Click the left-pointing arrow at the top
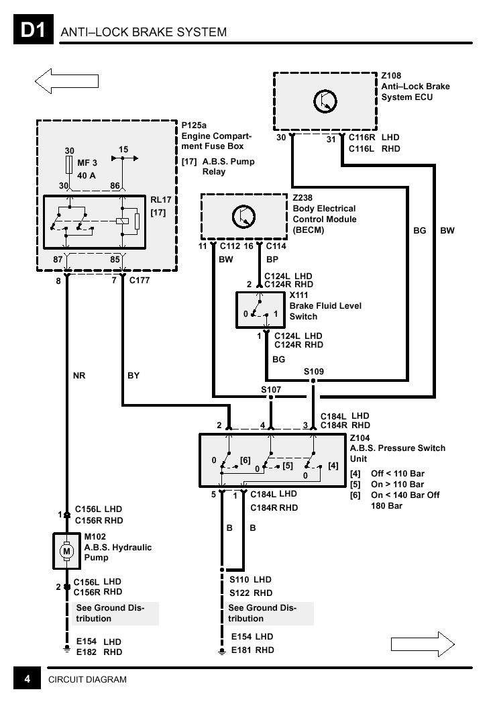coord(66,81)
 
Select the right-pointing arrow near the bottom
coord(423,644)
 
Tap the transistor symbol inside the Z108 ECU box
coord(325,101)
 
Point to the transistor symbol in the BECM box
coord(243,216)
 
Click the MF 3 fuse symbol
coord(70,165)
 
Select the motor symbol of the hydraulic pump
coord(67,551)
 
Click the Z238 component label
coord(303,197)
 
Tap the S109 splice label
coord(313,371)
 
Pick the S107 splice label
coord(271,389)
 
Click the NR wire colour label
coord(79,375)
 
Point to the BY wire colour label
coord(133,375)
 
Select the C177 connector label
coord(140,280)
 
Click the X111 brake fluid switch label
coord(298,295)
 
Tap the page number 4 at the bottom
coord(27,679)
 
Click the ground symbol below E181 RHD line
coord(221,651)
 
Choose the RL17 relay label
coord(160,200)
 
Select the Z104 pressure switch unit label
coord(360,438)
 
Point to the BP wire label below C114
coord(272,260)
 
